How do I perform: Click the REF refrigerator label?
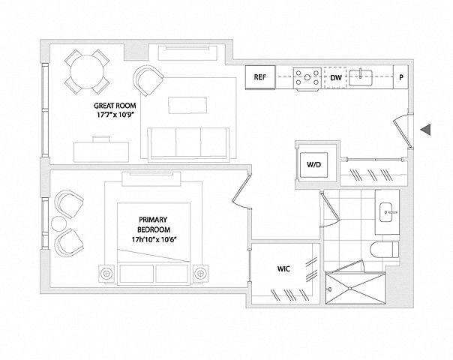click(260, 77)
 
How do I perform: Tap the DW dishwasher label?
click(336, 77)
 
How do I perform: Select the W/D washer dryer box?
click(313, 163)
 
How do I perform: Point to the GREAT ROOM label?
click(114, 106)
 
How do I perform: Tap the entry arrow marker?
click(425, 130)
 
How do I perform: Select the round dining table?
click(85, 71)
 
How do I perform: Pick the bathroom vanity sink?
click(389, 212)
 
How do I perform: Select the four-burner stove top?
click(307, 77)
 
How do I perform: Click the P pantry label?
click(402, 77)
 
